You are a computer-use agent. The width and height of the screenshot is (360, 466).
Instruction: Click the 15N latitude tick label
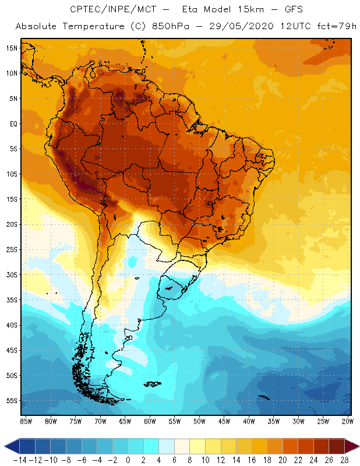pyautogui.click(x=11, y=48)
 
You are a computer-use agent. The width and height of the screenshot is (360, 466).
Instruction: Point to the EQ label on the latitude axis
pyautogui.click(x=12, y=123)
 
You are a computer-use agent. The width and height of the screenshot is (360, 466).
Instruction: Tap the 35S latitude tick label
pyautogui.click(x=11, y=300)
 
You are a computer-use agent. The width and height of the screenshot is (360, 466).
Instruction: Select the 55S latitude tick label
pyautogui.click(x=11, y=401)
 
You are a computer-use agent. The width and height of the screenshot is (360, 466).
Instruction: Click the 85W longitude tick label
pyautogui.click(x=26, y=421)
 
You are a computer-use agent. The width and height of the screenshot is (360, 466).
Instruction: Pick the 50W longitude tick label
pyautogui.click(x=199, y=421)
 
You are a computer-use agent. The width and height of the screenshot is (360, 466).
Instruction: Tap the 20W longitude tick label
pyautogui.click(x=348, y=421)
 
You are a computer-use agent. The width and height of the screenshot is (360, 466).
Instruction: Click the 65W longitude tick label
pyautogui.click(x=125, y=421)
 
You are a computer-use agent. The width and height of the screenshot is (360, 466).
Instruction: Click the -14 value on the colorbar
pyautogui.click(x=20, y=460)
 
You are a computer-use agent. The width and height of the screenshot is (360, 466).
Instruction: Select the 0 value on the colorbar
pyautogui.click(x=128, y=460)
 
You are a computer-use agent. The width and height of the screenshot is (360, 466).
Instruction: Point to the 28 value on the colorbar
pyautogui.click(x=344, y=460)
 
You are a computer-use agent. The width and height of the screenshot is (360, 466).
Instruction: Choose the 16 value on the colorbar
pyautogui.click(x=252, y=460)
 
